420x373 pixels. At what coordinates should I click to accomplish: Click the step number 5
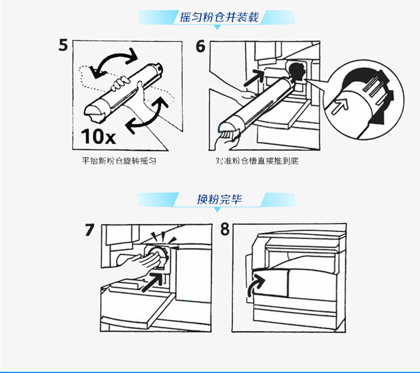pyautogui.click(x=63, y=45)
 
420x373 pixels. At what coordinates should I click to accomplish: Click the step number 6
pyautogui.click(x=201, y=46)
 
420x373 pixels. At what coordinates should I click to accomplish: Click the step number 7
pyautogui.click(x=90, y=230)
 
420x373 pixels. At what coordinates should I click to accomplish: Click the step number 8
pyautogui.click(x=225, y=229)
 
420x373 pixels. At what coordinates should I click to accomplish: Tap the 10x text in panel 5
pyautogui.click(x=98, y=136)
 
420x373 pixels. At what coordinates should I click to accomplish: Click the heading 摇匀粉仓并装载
pyautogui.click(x=219, y=17)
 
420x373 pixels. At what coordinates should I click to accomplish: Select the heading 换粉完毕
pyautogui.click(x=219, y=199)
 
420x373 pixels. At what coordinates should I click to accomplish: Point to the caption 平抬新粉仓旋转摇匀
pyautogui.click(x=119, y=161)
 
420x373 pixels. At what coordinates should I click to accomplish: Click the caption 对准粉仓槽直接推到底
pyautogui.click(x=257, y=161)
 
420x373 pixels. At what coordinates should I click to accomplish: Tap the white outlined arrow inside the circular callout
pyautogui.click(x=340, y=106)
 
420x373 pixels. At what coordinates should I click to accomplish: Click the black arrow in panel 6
pyautogui.click(x=254, y=78)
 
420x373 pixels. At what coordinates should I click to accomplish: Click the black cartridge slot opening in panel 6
pyautogui.click(x=297, y=71)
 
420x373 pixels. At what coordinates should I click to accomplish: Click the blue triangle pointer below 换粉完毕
pyautogui.click(x=218, y=209)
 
